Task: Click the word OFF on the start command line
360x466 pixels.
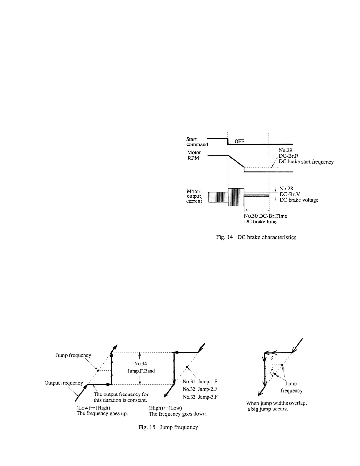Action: (x=239, y=142)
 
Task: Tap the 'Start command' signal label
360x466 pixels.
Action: (x=197, y=142)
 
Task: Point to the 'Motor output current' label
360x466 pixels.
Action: (x=194, y=196)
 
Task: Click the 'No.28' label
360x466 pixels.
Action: (x=286, y=189)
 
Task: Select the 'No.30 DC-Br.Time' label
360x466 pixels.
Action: (x=265, y=216)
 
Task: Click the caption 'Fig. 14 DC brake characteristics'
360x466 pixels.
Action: (x=256, y=237)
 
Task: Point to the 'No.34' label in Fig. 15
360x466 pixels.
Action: (x=140, y=364)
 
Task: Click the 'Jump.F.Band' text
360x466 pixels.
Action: (x=141, y=371)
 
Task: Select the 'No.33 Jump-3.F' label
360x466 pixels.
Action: (x=200, y=397)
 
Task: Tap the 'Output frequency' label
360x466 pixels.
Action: (x=64, y=383)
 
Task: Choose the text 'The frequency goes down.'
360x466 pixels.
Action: (x=178, y=414)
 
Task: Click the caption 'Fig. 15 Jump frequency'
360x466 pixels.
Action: (x=168, y=427)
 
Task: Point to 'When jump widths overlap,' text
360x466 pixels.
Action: (x=276, y=404)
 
